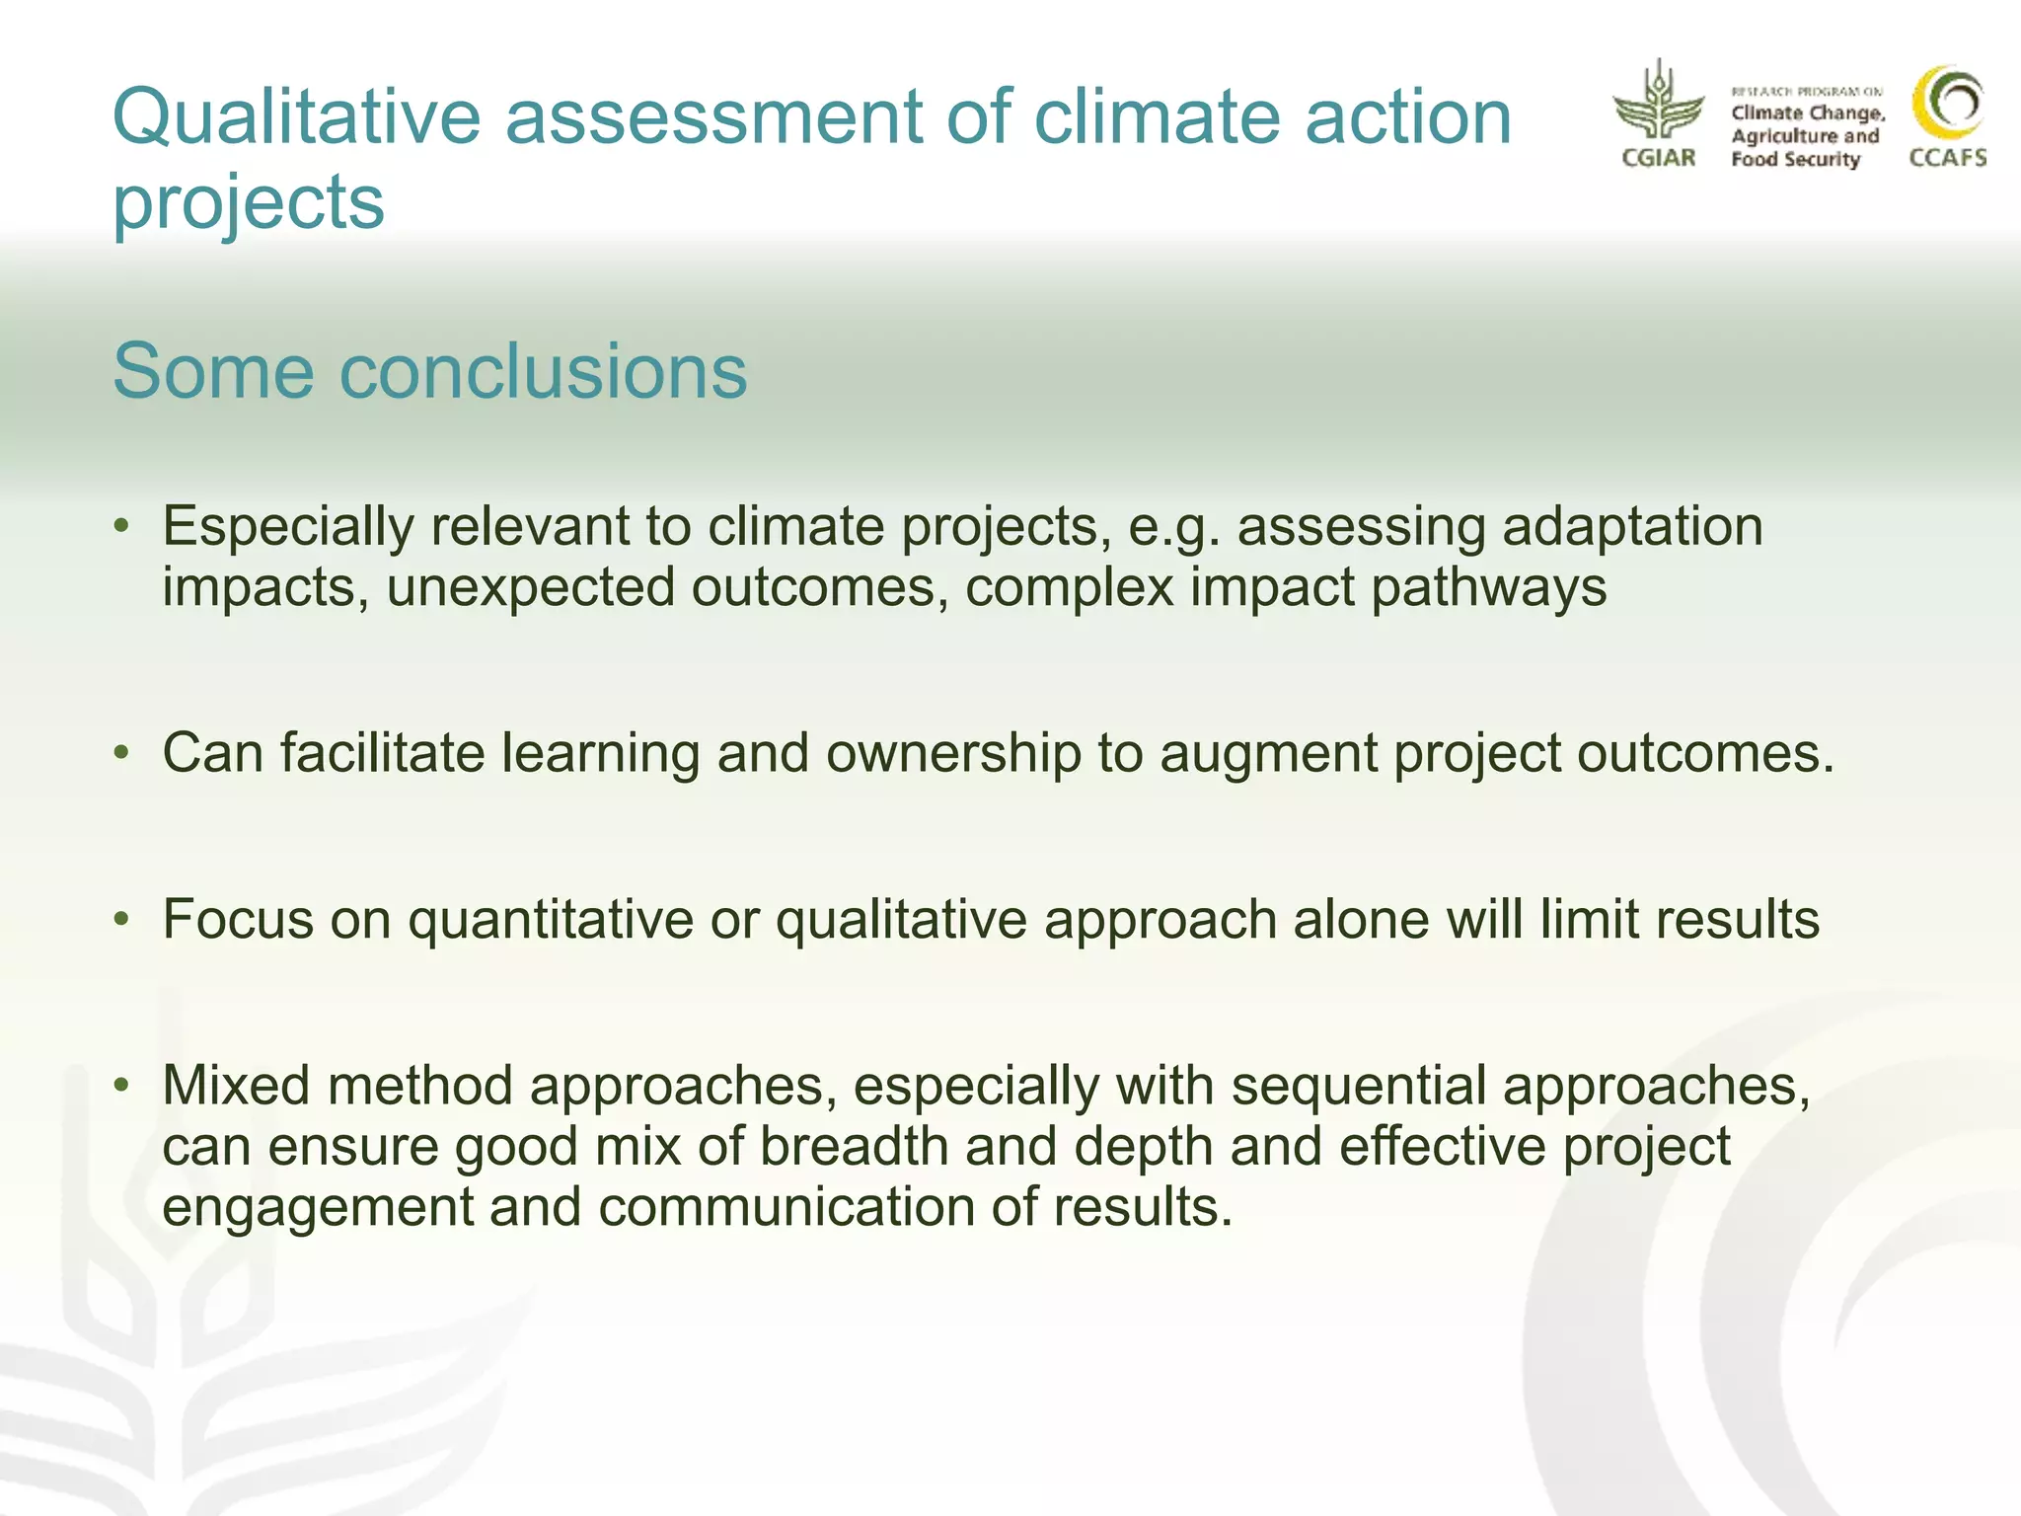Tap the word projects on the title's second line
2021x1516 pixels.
pyautogui.click(x=249, y=202)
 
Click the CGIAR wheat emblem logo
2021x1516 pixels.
pyautogui.click(x=1658, y=103)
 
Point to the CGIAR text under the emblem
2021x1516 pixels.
pyautogui.click(x=1658, y=158)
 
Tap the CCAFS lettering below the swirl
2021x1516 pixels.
pyautogui.click(x=1947, y=158)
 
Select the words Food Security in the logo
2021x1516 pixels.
pyautogui.click(x=1795, y=159)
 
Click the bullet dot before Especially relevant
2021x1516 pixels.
pyautogui.click(x=121, y=526)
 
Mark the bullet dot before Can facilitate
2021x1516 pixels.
pyautogui.click(x=121, y=754)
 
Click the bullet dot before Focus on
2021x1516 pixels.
pyautogui.click(x=121, y=920)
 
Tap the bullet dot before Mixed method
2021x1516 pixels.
pyautogui.click(x=121, y=1086)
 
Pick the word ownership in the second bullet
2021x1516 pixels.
pyautogui.click(x=953, y=754)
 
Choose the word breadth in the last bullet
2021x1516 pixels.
pyautogui.click(x=855, y=1148)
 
